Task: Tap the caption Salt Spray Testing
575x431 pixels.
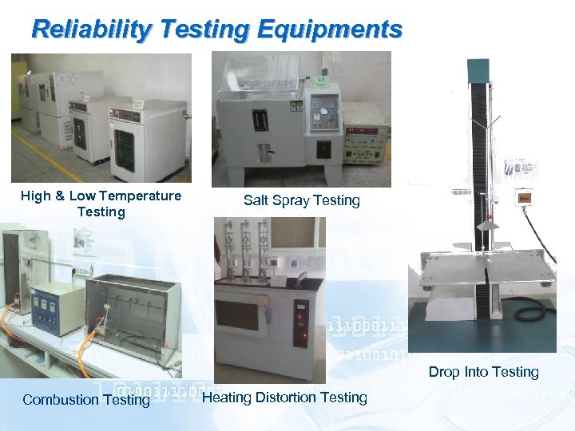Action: click(302, 200)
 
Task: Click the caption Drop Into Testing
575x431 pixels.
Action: click(483, 372)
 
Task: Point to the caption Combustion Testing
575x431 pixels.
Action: click(86, 400)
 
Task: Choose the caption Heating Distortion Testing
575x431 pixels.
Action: click(285, 397)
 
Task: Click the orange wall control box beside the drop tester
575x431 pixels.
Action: click(525, 197)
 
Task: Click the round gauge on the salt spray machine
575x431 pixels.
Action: click(323, 110)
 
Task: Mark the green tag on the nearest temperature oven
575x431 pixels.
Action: click(137, 105)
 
